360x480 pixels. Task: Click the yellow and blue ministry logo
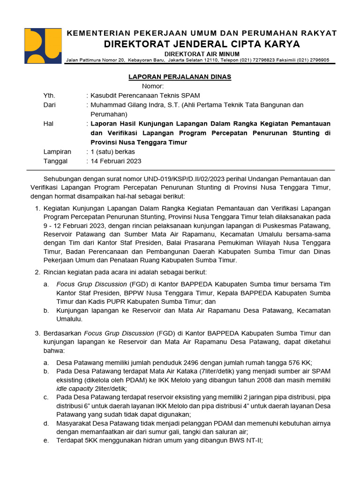[42, 46]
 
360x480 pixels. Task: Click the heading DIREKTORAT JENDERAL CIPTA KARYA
[202, 44]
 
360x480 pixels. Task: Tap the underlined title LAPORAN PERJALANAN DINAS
[180, 77]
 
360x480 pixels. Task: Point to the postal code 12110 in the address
[211, 60]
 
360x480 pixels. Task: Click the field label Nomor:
[153, 86]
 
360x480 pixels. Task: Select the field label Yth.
[50, 96]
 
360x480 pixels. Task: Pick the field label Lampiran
[57, 151]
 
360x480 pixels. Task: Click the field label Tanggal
[55, 161]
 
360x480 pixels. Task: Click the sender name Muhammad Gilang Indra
[129, 105]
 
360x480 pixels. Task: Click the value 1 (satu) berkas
[112, 151]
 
